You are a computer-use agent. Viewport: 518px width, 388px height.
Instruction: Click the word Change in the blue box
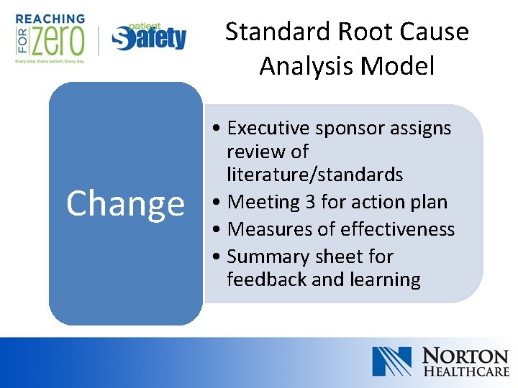pyautogui.click(x=125, y=203)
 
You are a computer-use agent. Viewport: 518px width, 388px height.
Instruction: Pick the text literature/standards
pyautogui.click(x=314, y=175)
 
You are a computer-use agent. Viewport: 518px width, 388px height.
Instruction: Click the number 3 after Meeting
pyautogui.click(x=310, y=202)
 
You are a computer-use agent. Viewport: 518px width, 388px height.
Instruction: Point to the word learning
pyautogui.click(x=384, y=280)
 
